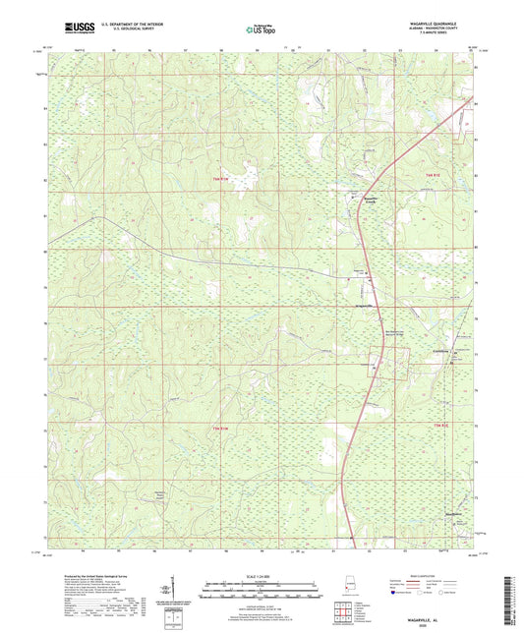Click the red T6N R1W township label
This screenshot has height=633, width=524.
coord(221,178)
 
